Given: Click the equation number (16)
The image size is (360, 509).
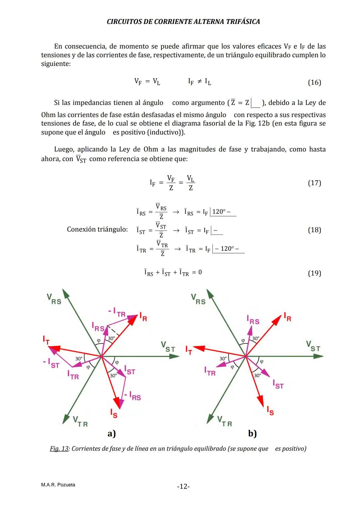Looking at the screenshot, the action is click(x=314, y=82).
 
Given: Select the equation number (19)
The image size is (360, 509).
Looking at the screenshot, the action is click(x=314, y=273).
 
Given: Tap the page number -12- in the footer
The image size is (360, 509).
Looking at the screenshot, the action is click(x=183, y=486).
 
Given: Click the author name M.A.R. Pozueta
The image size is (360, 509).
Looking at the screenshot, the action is click(x=58, y=485).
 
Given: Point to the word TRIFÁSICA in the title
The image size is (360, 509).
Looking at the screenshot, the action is click(x=243, y=22).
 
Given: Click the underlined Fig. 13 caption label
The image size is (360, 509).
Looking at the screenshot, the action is click(x=59, y=449).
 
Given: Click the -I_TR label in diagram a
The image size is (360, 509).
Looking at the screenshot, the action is click(x=117, y=312).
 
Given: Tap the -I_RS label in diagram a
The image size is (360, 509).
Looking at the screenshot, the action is click(x=133, y=395).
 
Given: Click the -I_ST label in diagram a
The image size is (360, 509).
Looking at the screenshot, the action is click(x=51, y=363).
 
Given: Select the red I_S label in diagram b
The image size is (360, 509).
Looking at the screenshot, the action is click(x=270, y=411).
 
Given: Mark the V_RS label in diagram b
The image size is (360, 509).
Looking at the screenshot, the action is click(x=198, y=299).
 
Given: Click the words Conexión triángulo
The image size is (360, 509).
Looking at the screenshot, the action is click(x=97, y=229).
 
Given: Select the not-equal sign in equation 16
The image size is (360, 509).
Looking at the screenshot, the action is click(x=199, y=81).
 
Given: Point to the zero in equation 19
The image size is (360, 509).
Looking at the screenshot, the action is click(x=200, y=272).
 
